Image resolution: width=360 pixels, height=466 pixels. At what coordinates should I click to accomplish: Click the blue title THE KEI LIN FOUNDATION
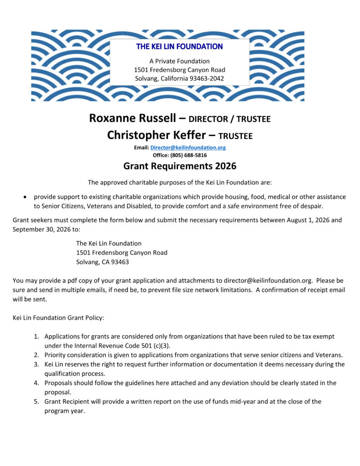tap(179, 46)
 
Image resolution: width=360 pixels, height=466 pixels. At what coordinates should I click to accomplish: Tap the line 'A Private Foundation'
tap(179, 61)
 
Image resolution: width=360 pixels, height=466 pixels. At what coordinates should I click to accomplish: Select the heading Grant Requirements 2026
tap(180, 166)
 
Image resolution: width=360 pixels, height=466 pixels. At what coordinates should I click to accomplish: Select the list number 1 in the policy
tap(36, 336)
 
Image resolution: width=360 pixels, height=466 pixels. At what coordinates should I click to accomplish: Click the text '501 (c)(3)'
tap(154, 345)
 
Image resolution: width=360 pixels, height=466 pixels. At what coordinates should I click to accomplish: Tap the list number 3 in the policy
tap(36, 364)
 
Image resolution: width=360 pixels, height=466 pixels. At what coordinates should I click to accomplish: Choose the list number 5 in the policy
tap(36, 401)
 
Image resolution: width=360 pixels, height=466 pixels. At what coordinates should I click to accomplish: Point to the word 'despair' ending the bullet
tap(311, 206)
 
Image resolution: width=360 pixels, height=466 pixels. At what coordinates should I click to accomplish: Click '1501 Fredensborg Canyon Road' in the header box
tap(179, 70)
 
